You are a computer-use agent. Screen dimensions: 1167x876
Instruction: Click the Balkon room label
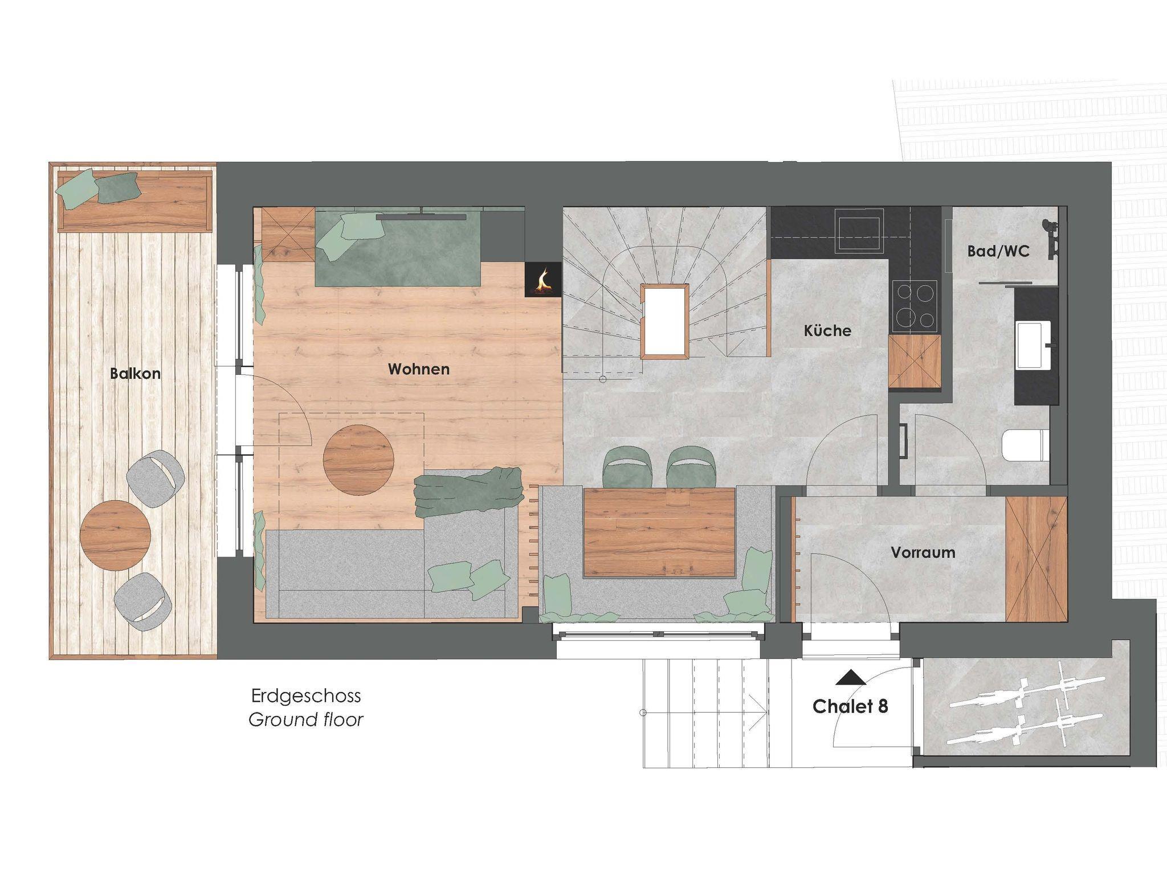135,374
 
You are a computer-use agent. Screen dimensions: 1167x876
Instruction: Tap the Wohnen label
419,369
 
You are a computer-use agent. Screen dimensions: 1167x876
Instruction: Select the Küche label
827,330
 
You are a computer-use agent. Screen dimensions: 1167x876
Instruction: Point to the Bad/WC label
998,251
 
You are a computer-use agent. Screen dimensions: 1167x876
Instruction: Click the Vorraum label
923,552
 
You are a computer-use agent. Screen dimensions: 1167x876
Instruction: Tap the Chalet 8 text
850,706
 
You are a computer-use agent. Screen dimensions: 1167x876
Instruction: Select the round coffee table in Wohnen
359,460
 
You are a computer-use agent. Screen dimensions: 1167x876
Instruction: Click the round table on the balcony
116,535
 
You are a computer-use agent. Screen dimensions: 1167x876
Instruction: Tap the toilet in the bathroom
1026,444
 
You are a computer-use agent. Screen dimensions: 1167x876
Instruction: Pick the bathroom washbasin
1034,345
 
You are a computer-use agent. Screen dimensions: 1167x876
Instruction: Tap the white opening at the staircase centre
665,321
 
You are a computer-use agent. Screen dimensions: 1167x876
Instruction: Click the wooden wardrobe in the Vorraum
1036,559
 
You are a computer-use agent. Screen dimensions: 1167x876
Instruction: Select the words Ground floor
306,719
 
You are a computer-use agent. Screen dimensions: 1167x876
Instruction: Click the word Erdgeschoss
306,695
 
